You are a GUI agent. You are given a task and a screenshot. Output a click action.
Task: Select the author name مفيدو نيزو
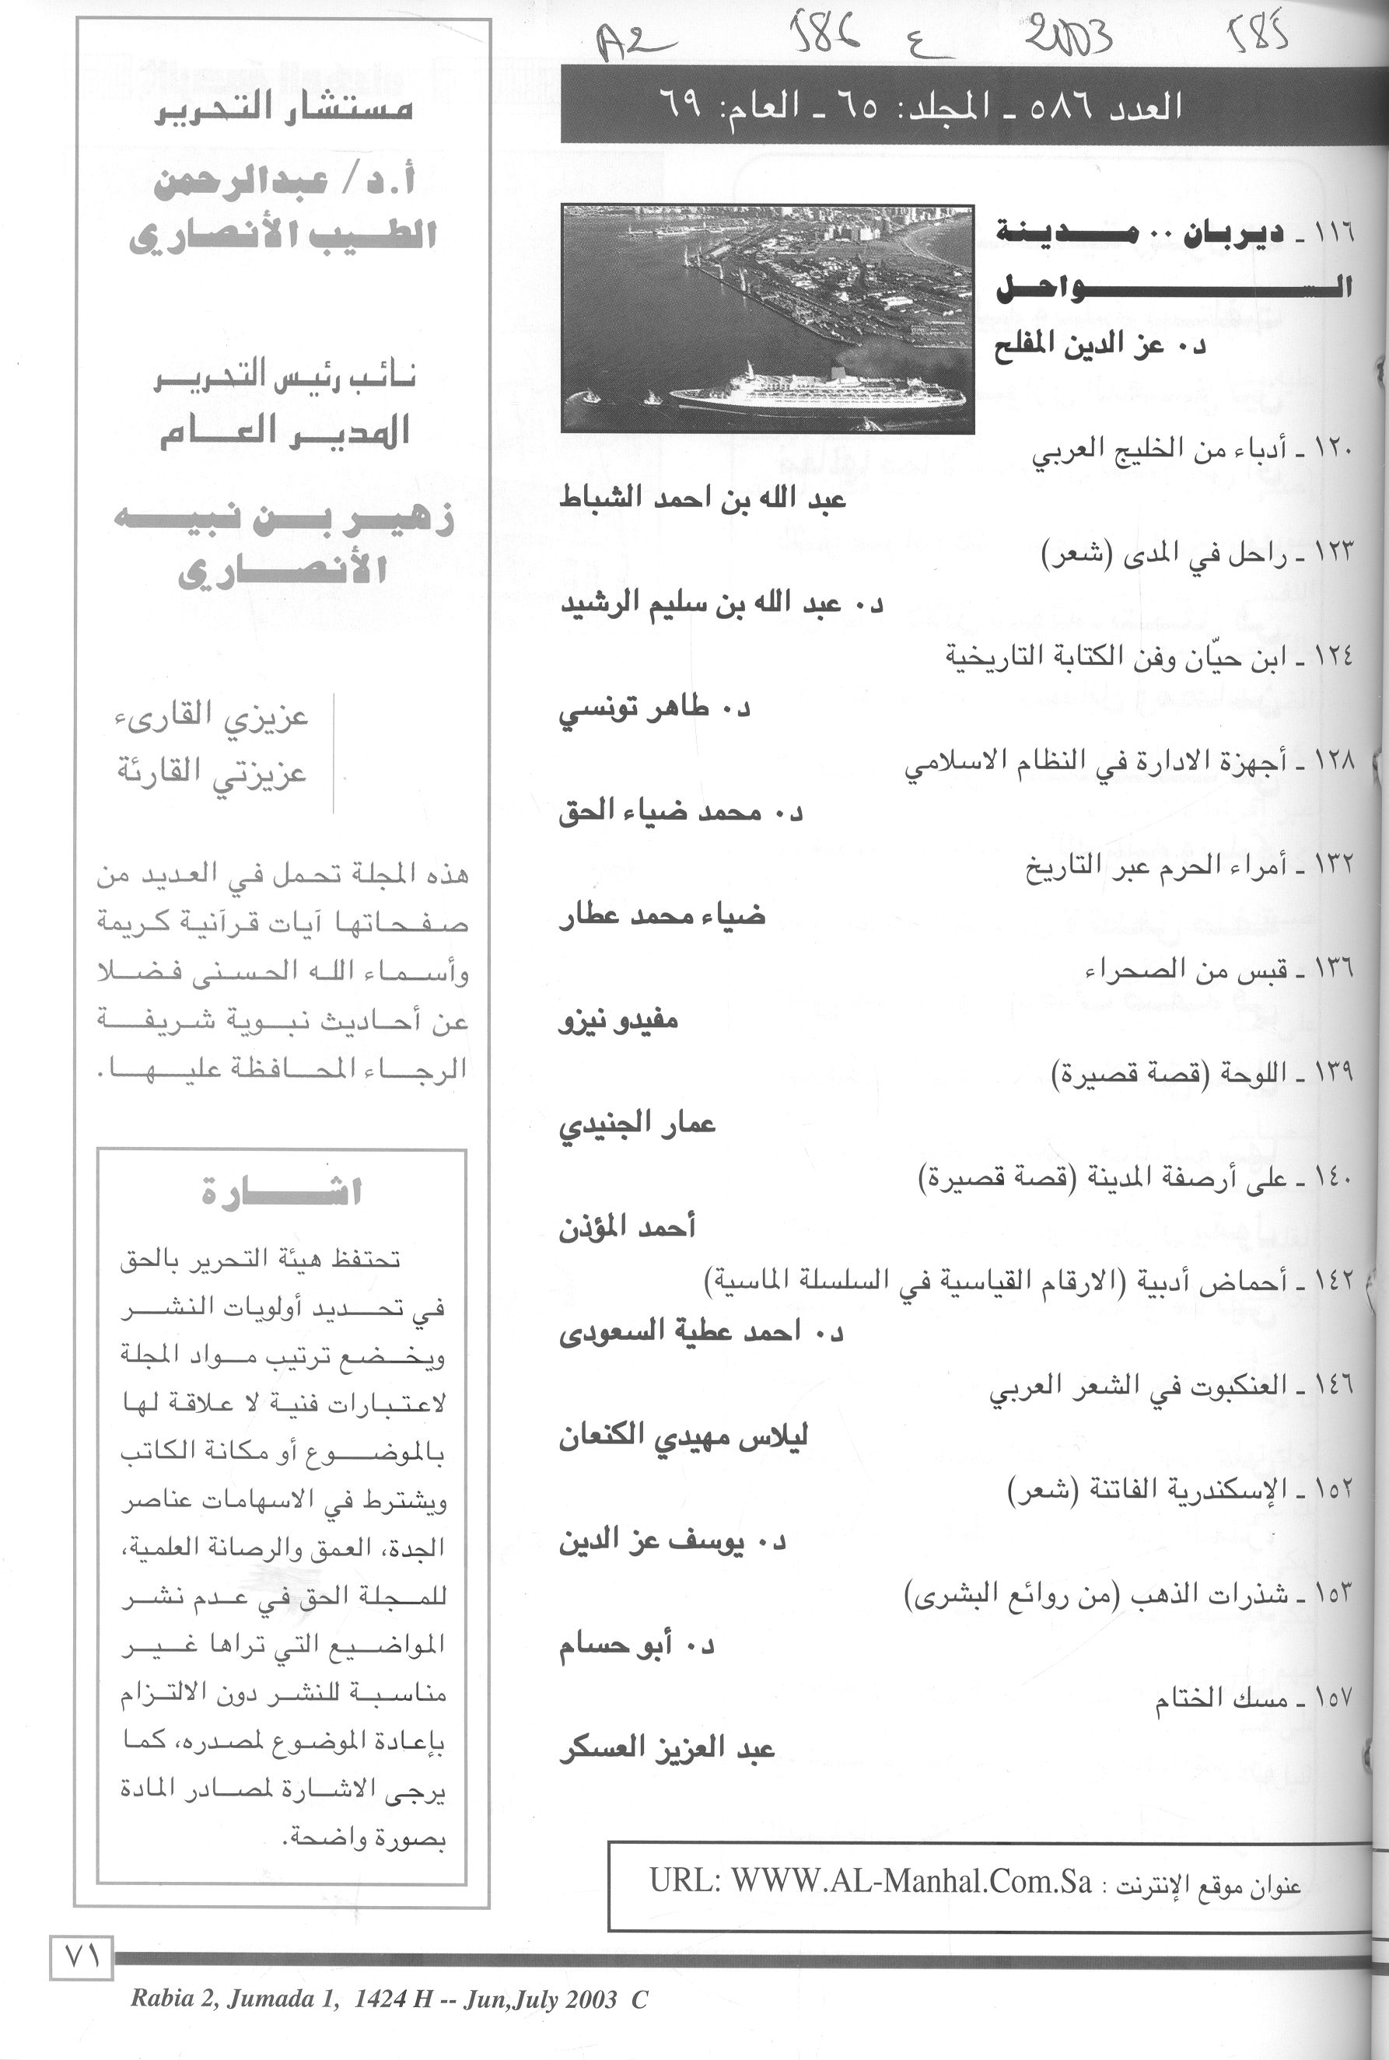tap(618, 1020)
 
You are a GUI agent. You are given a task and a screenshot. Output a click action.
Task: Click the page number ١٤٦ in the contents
tap(1334, 1385)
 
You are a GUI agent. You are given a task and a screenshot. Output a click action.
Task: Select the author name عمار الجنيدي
tap(637, 1124)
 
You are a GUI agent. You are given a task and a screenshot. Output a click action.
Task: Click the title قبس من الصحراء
tap(1187, 970)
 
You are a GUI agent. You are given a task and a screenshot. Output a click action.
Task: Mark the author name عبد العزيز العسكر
tap(667, 1749)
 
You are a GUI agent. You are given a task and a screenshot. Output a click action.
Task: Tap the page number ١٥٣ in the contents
tap(1334, 1593)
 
